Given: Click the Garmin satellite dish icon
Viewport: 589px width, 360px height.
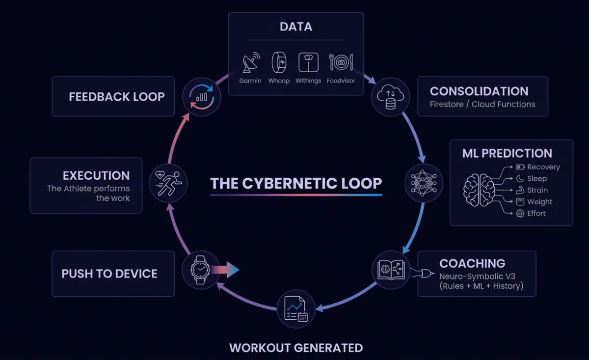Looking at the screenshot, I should pos(250,63).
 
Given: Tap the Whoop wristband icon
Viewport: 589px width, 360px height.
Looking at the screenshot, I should pos(279,63).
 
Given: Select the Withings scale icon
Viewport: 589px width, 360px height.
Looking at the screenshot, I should pos(308,63).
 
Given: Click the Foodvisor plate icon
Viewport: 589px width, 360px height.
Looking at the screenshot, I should pos(341,63).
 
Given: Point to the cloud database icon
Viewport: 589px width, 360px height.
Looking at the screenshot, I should pos(390,97).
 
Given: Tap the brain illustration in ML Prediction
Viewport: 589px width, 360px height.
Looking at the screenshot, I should pos(479,190).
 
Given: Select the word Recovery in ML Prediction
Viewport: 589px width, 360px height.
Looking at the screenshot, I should pos(543,167).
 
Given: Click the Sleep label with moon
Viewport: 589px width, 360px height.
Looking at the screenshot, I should pos(536,179).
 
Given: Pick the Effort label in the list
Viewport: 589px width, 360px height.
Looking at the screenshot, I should pos(536,213).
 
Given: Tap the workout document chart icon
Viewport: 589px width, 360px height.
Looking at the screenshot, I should pos(295,309).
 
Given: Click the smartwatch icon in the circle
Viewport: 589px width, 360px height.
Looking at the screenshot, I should pos(201,270).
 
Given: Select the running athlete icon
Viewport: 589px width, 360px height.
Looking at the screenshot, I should pos(168,183).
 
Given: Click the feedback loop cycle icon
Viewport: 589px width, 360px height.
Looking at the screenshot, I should pos(201,97).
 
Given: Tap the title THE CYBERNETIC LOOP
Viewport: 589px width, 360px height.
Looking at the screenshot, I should pos(296,183).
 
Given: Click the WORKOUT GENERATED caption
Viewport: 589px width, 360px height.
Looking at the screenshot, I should pos(296,348).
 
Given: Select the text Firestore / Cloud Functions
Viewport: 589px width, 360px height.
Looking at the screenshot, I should pos(482,104).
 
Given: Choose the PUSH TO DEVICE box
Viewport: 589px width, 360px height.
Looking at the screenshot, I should pos(113,274).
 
